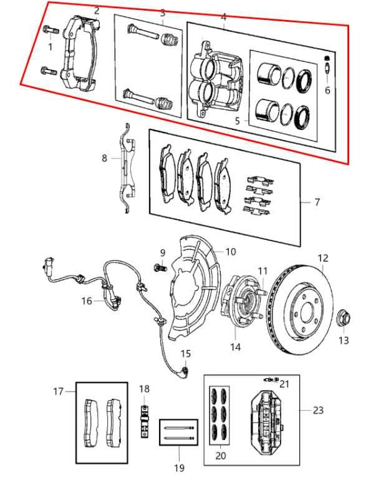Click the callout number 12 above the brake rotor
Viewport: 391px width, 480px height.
coord(322,258)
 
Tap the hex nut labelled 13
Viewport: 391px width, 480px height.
coord(344,319)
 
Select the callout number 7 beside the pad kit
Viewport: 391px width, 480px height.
coord(317,202)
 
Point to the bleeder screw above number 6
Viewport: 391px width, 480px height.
coord(327,64)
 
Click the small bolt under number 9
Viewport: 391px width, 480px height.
coord(160,267)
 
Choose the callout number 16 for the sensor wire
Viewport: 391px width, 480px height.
coord(87,301)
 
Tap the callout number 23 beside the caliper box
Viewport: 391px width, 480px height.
coord(318,410)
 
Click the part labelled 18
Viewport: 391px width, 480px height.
coord(145,421)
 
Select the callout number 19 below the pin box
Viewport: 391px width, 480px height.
coord(180,467)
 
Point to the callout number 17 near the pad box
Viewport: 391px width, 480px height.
coord(58,391)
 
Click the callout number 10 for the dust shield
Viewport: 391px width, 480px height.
coord(231,252)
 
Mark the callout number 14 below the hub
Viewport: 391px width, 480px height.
coord(235,347)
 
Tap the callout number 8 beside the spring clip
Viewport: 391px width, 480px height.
coord(105,158)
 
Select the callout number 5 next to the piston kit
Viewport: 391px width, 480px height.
coord(238,121)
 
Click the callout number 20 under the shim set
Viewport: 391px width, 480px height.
coord(220,456)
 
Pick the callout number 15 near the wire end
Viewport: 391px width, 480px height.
coord(185,354)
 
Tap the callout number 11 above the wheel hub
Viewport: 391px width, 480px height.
coord(263,271)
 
